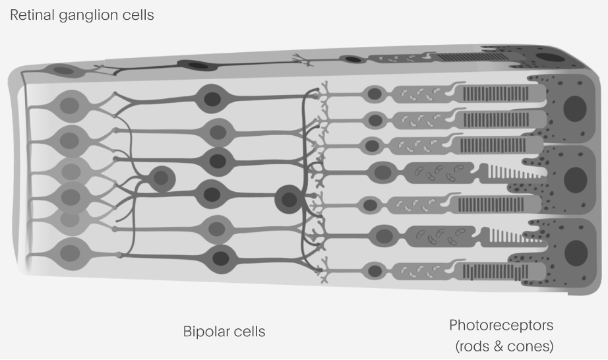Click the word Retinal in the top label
(32, 15)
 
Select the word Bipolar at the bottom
(205, 332)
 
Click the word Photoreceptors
(501, 326)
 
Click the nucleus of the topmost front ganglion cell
(69, 105)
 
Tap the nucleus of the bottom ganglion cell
(70, 253)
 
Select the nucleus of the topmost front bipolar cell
(212, 99)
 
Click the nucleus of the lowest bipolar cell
(221, 258)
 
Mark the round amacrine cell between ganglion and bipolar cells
(162, 179)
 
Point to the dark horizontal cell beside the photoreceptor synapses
(288, 199)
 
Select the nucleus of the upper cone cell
(382, 173)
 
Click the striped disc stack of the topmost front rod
(495, 94)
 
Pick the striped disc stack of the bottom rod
(495, 272)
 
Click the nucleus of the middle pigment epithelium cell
(576, 180)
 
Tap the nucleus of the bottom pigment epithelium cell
(576, 253)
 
